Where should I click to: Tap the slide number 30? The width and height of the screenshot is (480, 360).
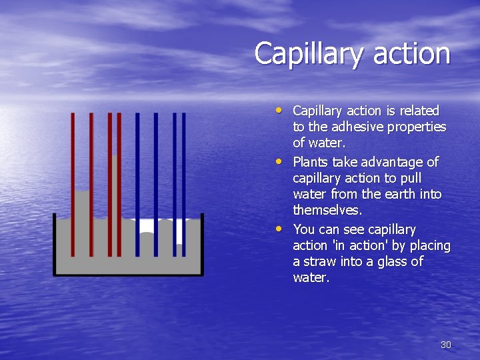[x=446, y=345]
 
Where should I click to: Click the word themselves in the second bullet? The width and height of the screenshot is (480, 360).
[x=327, y=211]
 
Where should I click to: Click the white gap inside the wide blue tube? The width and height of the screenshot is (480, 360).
[x=147, y=226]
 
